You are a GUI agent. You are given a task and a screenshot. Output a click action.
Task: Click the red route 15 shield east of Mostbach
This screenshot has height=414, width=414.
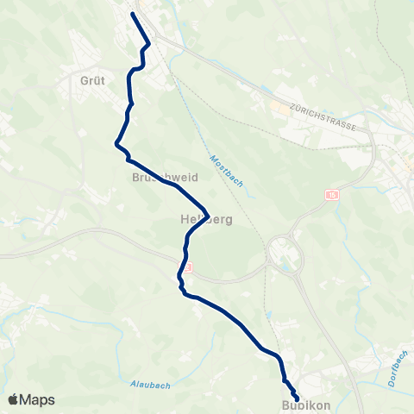[x=333, y=196]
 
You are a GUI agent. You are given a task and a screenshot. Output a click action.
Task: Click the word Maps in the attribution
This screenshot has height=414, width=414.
[x=38, y=399]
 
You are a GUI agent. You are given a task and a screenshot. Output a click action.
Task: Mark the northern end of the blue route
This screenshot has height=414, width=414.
[x=132, y=14]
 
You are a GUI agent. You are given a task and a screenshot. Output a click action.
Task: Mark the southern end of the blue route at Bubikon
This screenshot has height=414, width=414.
[x=298, y=398]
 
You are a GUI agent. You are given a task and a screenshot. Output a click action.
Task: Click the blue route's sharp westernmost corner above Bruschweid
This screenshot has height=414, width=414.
[x=116, y=144]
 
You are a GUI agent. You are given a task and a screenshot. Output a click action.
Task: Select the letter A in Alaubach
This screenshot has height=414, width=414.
[x=132, y=383]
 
